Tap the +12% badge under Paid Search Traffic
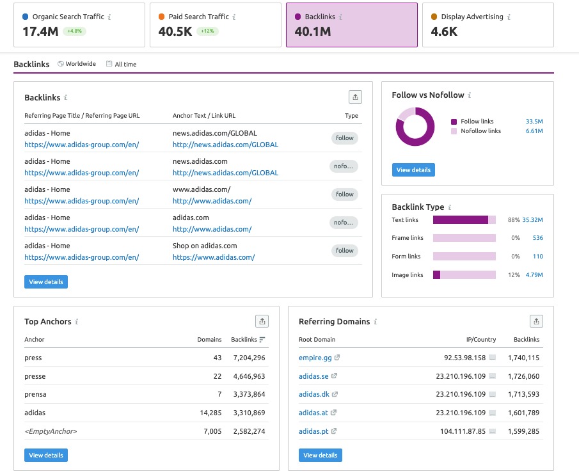(x=207, y=31)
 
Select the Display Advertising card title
(x=472, y=17)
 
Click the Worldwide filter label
(x=80, y=64)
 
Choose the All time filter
(x=125, y=64)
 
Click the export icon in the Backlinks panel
(x=355, y=97)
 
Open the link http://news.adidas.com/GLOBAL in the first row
(x=225, y=145)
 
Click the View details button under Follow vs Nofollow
(x=413, y=170)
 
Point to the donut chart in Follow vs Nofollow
(x=414, y=127)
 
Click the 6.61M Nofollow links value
(x=534, y=131)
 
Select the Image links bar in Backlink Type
(x=464, y=274)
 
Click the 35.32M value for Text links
(x=532, y=220)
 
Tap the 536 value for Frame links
(x=537, y=238)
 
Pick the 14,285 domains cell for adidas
(x=210, y=413)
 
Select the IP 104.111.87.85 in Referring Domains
(x=462, y=431)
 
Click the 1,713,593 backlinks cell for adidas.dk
(x=523, y=395)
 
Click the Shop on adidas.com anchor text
(x=205, y=246)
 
